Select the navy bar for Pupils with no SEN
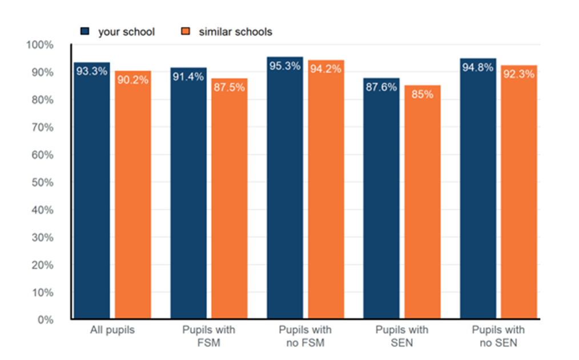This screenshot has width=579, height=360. [x=478, y=191]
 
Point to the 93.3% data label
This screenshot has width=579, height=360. [x=91, y=71]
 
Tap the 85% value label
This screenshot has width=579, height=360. [x=423, y=94]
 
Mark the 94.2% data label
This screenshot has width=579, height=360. [x=326, y=69]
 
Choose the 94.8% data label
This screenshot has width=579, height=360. [x=478, y=67]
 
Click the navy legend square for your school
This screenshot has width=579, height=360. [x=85, y=31]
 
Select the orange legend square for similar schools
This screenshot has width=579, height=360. [x=186, y=31]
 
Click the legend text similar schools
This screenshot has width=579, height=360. [x=235, y=32]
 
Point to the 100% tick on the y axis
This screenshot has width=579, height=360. [x=41, y=45]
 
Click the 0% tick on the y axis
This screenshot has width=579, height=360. [x=45, y=320]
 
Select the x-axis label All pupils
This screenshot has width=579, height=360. [x=112, y=330]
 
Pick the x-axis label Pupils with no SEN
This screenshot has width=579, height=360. [x=498, y=336]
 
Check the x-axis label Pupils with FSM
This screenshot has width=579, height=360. [x=208, y=336]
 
